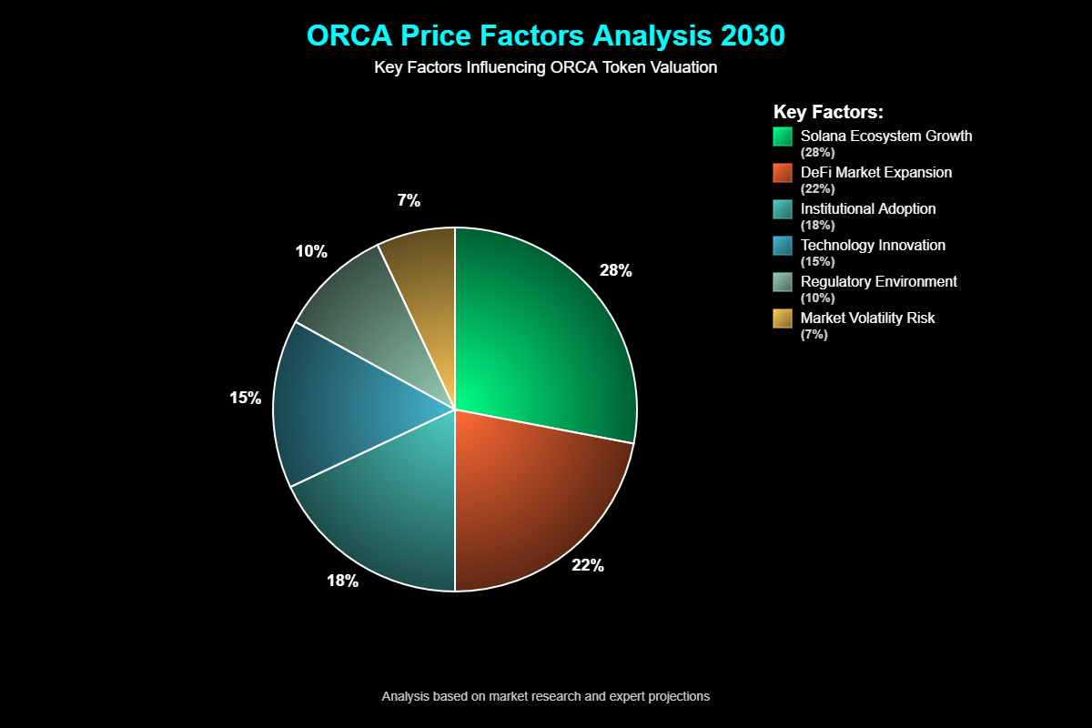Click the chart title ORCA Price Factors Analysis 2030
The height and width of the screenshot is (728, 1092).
point(545,35)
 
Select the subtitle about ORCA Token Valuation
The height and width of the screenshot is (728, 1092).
point(545,67)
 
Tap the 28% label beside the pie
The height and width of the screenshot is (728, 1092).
point(615,270)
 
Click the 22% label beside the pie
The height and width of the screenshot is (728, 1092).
point(587,565)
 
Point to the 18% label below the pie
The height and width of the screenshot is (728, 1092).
point(343,581)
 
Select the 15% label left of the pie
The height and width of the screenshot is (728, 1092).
point(245,398)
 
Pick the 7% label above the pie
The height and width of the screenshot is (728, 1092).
point(409,201)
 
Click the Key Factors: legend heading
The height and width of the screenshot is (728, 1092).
point(828,112)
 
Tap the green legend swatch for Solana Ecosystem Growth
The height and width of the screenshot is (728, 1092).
point(783,136)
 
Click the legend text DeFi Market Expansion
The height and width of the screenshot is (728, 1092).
point(876,172)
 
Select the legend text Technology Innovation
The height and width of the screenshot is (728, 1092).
point(873,245)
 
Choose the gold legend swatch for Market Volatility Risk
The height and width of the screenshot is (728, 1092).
point(783,318)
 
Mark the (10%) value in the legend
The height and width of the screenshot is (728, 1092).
point(817,298)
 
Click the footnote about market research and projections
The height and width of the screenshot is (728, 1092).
point(545,696)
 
